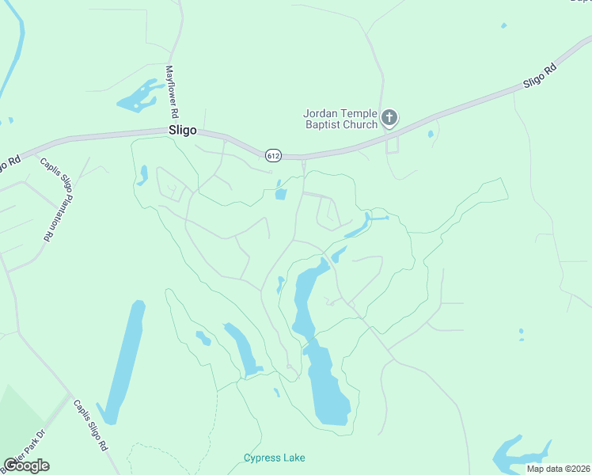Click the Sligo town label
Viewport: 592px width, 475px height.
[182, 131]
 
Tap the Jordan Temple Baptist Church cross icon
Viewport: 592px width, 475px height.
[389, 118]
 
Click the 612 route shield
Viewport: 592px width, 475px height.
[273, 155]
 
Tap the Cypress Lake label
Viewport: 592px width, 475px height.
[274, 458]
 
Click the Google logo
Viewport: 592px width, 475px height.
[26, 465]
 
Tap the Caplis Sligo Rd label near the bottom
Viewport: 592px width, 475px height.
[91, 425]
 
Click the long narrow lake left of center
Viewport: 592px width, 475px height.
[124, 360]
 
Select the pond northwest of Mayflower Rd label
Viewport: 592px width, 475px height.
[138, 97]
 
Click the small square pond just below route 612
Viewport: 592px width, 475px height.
[280, 195]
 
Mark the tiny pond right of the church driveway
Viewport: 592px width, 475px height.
[430, 134]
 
